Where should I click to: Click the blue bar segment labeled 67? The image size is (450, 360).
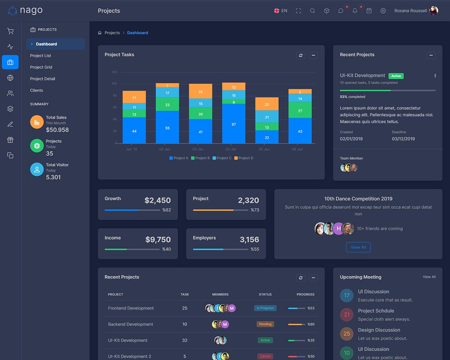click(234, 124)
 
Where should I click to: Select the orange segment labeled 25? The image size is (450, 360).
click(200, 91)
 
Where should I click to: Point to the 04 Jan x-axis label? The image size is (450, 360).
click(231, 149)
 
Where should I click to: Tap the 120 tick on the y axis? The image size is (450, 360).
click(114, 72)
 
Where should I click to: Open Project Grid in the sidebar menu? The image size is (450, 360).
click(41, 67)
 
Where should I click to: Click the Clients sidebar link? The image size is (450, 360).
click(36, 90)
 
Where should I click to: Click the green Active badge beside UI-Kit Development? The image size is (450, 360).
click(396, 76)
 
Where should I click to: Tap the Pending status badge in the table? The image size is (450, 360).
click(265, 324)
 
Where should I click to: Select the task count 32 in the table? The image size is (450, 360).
click(184, 340)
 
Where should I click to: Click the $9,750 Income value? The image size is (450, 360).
click(158, 240)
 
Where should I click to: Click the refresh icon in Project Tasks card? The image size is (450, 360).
click(301, 55)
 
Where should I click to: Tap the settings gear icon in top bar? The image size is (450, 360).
click(383, 11)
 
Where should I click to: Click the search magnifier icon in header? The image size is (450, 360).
click(312, 11)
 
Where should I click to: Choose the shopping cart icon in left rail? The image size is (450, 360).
click(10, 31)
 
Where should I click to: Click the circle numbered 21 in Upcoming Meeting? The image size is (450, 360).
click(346, 315)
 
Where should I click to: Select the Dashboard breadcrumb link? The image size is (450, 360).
click(137, 33)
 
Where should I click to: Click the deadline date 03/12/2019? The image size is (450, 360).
click(403, 139)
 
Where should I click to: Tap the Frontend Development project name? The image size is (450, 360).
click(130, 308)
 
